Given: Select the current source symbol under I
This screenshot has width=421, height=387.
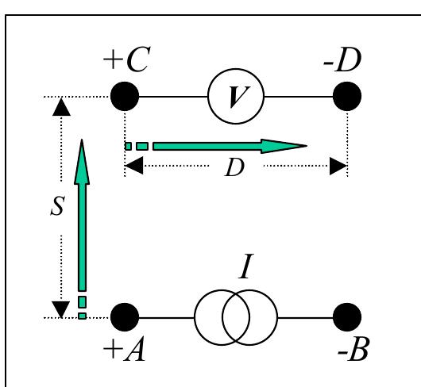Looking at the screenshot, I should click(x=236, y=317).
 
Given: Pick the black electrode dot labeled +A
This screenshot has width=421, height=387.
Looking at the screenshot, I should click(x=125, y=317).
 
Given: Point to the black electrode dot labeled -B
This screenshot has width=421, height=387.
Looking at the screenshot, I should click(x=346, y=317).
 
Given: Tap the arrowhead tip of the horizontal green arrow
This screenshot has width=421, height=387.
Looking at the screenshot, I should click(x=306, y=146).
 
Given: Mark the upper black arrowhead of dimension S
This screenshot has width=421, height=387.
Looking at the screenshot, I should click(x=57, y=106).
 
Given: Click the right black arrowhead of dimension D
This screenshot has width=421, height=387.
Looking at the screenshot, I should click(x=339, y=167).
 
